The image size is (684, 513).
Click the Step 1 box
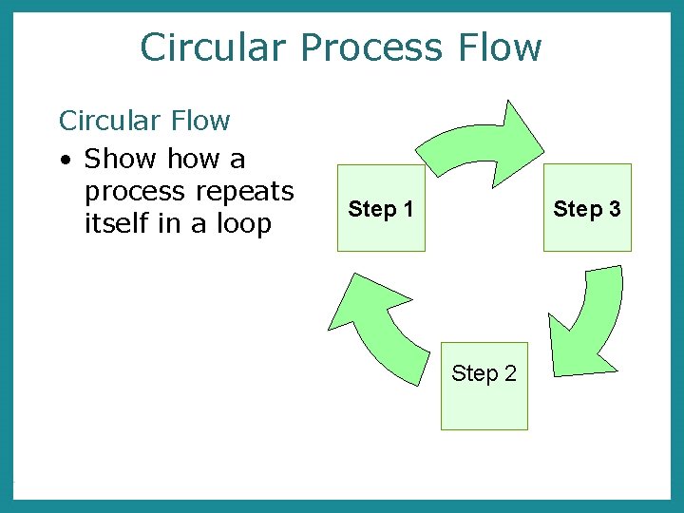pyautogui.click(x=381, y=208)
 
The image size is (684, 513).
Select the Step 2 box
pyautogui.click(x=484, y=386)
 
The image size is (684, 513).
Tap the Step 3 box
pyautogui.click(x=586, y=208)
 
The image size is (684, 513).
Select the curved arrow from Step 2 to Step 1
pyautogui.click(x=375, y=328)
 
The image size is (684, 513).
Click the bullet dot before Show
pyautogui.click(x=66, y=159)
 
